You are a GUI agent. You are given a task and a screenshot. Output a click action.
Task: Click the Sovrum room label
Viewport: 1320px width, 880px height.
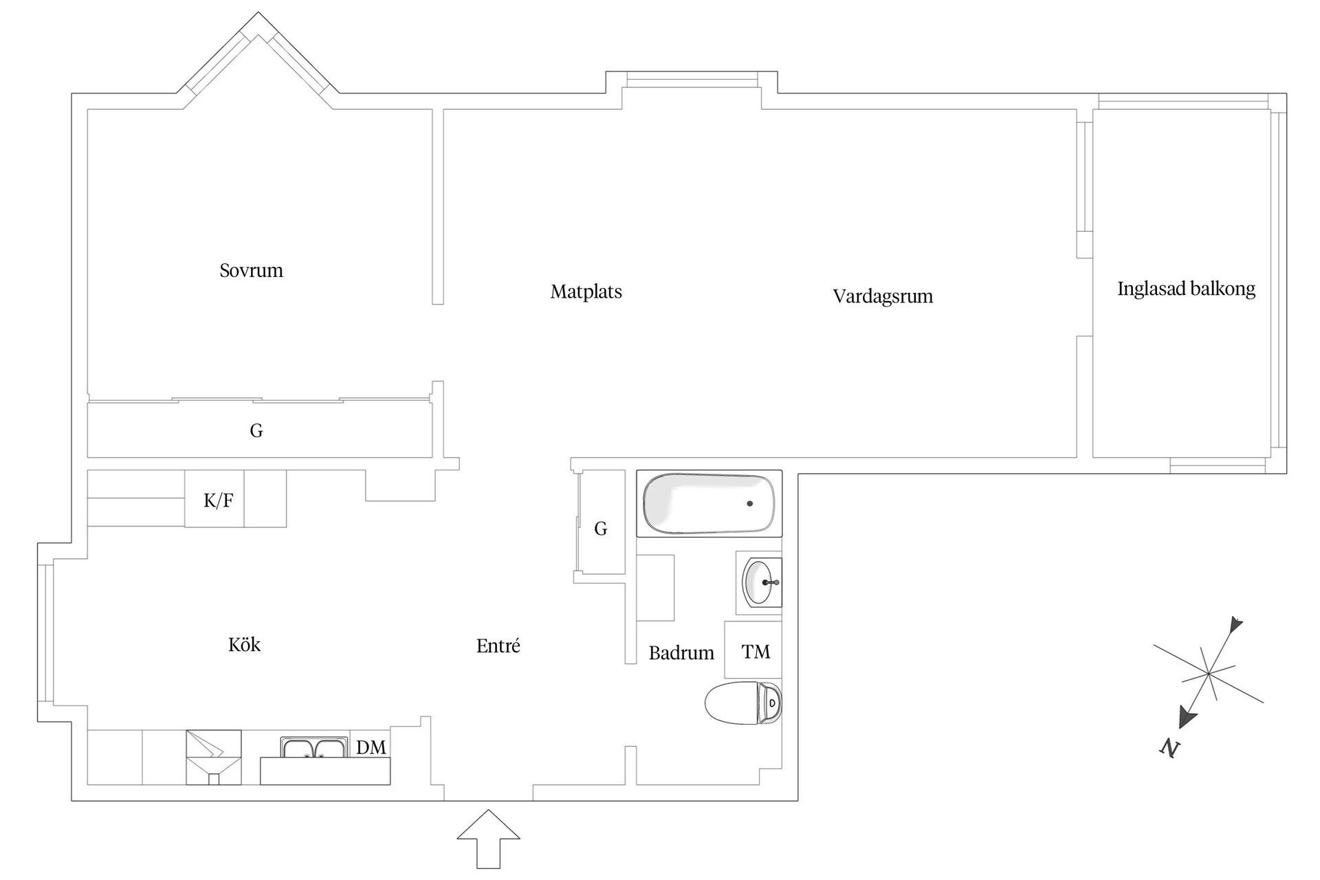tap(251, 270)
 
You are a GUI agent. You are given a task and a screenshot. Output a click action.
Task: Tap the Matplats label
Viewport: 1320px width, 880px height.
tap(586, 291)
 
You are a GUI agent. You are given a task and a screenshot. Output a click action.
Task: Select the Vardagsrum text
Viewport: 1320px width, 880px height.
tap(883, 296)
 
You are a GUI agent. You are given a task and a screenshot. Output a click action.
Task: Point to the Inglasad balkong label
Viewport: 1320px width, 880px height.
tap(1186, 289)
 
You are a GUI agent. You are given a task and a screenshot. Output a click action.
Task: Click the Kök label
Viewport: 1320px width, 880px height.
tap(244, 645)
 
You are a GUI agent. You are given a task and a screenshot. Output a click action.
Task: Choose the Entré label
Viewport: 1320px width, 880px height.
tap(498, 646)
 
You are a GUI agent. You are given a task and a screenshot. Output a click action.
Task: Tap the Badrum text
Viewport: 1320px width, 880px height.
tap(681, 653)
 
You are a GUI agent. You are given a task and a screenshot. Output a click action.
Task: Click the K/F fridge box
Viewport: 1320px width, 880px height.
tap(218, 500)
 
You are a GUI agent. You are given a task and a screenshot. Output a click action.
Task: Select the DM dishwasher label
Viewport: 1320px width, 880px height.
tap(371, 747)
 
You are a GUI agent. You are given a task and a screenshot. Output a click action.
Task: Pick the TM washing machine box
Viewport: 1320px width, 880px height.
tap(754, 650)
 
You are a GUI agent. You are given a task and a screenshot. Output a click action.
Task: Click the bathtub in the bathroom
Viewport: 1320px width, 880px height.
tap(708, 503)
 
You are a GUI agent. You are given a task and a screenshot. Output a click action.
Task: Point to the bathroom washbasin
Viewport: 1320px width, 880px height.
tap(760, 582)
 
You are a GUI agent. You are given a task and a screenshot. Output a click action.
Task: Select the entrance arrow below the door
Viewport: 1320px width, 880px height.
tap(488, 837)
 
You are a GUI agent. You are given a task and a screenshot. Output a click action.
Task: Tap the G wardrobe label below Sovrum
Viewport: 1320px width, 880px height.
tap(256, 431)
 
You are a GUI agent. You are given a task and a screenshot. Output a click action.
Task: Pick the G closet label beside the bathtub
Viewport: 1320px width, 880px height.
tap(601, 528)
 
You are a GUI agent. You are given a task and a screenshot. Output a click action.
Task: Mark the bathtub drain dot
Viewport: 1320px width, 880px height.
tap(749, 503)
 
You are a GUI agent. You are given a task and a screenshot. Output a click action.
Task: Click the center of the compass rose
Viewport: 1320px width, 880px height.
tap(1207, 674)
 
